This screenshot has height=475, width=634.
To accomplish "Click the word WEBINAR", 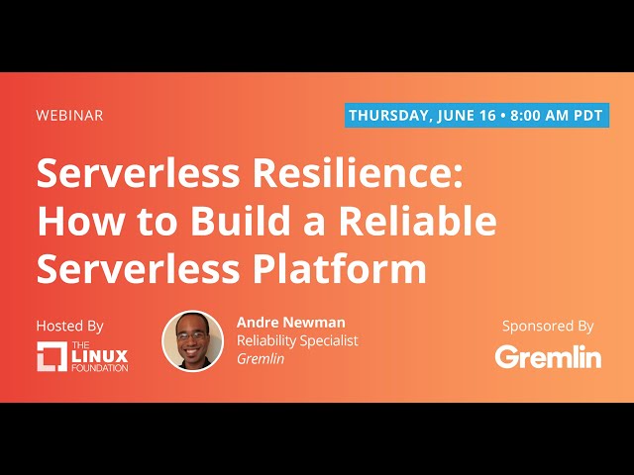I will (69, 115).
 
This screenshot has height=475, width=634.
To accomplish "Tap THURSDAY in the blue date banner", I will (388, 115).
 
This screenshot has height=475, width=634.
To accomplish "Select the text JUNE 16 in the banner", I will (466, 115).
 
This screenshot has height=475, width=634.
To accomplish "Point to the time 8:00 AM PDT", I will (556, 115).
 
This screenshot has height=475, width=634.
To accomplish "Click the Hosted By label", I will (69, 326).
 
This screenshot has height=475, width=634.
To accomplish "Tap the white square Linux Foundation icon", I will (52, 356).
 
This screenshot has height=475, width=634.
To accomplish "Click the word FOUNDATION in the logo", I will (99, 368).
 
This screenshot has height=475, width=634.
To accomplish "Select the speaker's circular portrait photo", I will (192, 341).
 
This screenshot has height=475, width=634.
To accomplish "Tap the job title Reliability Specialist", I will (297, 340).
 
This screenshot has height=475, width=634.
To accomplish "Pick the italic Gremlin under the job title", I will (261, 359).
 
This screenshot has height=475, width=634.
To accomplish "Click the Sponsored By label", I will (548, 326).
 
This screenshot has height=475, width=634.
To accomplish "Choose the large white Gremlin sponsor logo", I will (548, 356).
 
